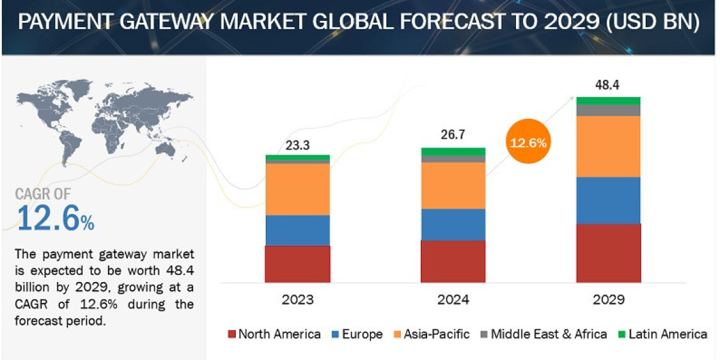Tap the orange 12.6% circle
[528, 143]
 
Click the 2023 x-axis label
[297, 299]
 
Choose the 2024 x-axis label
[453, 299]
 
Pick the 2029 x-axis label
[608, 299]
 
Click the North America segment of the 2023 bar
[297, 263]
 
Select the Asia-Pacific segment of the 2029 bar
[608, 146]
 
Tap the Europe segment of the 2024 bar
[453, 224]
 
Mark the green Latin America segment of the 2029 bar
[608, 100]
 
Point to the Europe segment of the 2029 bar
[608, 200]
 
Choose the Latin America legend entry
[662, 334]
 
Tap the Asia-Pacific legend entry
[430, 334]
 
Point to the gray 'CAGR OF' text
[43, 194]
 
